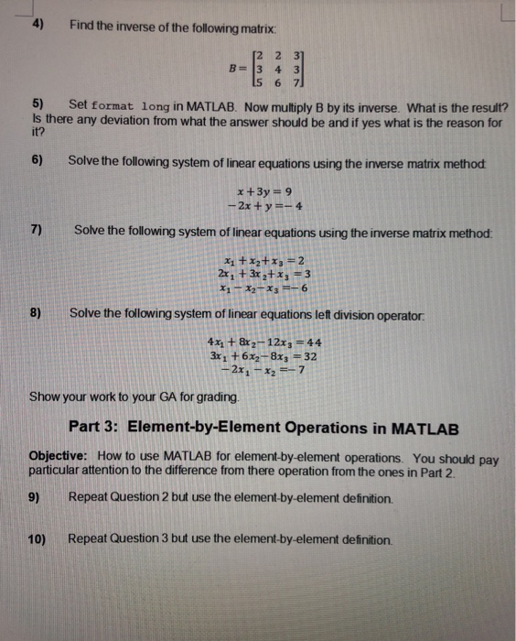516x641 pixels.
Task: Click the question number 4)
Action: coord(39,26)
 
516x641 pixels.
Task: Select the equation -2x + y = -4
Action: coord(263,205)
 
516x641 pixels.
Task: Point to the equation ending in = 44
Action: coord(265,344)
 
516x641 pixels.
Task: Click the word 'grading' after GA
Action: coord(222,397)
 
